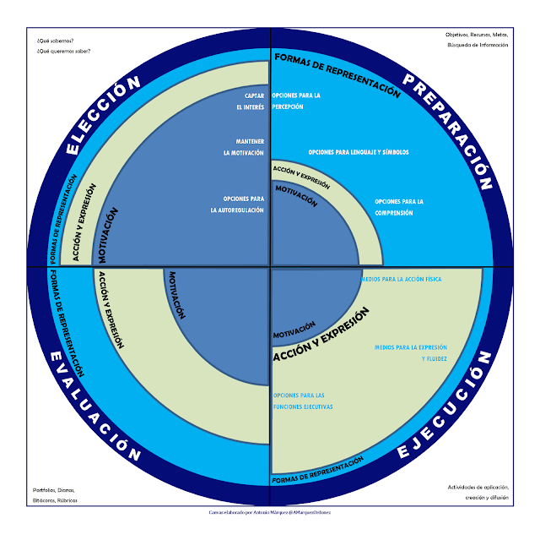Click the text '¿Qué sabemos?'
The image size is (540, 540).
[55, 41]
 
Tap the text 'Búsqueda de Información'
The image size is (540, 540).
[478, 45]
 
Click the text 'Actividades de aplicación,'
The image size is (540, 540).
[478, 488]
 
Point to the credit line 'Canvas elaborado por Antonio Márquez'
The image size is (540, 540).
[270, 511]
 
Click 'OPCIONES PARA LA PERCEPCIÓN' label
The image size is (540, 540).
[295, 101]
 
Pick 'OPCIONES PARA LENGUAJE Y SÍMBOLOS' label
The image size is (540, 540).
[359, 152]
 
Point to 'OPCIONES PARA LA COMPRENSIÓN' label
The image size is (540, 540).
[398, 207]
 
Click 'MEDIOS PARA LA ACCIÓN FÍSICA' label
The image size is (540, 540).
[401, 278]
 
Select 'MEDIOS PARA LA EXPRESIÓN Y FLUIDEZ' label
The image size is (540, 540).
[411, 353]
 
